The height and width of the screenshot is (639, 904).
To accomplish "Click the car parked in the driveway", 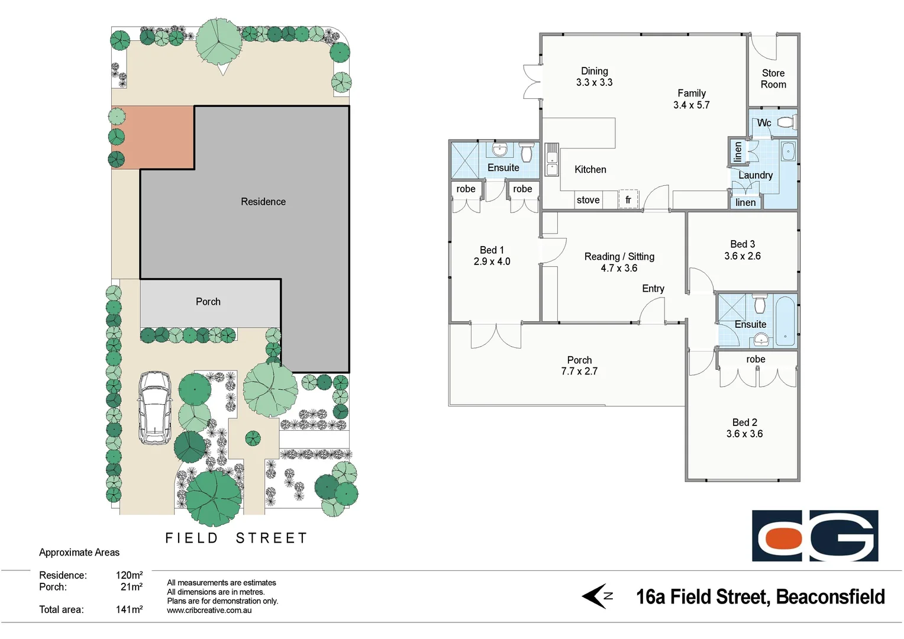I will point(155,408).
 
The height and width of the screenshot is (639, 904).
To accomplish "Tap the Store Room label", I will point(773,79).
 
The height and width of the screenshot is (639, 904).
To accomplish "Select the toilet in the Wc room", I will point(785,122).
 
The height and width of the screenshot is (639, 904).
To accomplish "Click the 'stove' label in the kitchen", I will point(588,200).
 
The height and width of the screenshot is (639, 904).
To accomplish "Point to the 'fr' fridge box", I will point(628,200).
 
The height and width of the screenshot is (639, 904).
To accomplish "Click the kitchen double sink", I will point(551,160).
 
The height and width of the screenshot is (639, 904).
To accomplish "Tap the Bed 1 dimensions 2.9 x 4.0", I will point(492,262).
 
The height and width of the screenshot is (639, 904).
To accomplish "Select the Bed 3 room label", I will point(742,244).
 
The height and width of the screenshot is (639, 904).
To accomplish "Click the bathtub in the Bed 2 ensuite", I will point(786,320).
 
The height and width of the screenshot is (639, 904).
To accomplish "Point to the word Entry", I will point(653,289).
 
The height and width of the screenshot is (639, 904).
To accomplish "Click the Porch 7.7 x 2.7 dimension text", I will point(579,372).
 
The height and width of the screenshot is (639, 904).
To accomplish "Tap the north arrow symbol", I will point(597,596).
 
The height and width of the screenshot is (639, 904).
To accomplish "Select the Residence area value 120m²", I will point(129,575).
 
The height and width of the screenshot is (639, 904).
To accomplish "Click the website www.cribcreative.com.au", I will point(209,611).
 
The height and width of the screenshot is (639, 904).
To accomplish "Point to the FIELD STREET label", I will point(236,538).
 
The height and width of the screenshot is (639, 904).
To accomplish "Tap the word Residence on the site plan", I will point(263,202).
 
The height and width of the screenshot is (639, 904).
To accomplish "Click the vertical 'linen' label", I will point(737,152).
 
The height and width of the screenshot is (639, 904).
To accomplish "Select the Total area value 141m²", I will point(129,609).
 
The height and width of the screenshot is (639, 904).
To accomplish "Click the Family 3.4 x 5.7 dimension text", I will point(691,105).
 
